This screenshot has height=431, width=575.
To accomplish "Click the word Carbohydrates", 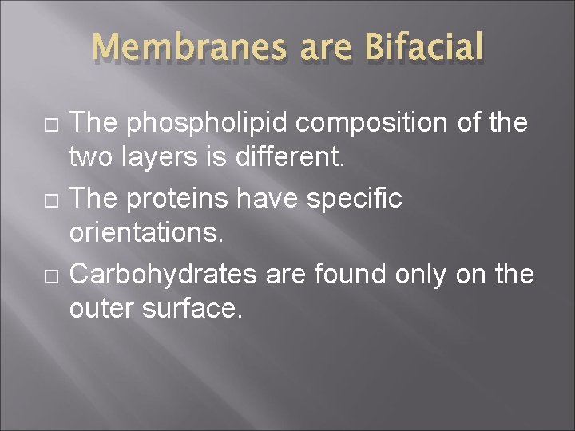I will [x=164, y=273].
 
